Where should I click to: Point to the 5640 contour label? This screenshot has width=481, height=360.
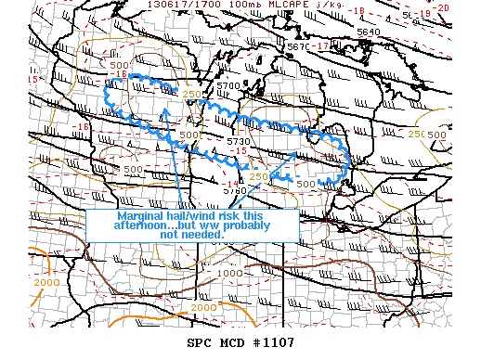pos(369,31)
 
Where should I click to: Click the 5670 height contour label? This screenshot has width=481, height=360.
pos(298,45)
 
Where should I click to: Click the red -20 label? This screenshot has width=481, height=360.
pos(468,6)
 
